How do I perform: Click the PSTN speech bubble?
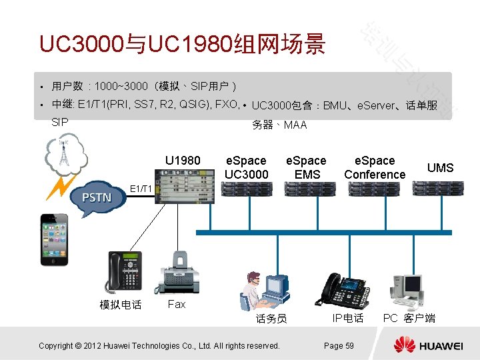(x=97, y=197)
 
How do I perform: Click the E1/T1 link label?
(x=141, y=189)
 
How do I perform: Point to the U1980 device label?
(x=183, y=161)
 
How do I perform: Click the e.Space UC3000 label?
(x=247, y=167)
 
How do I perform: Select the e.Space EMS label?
(x=306, y=167)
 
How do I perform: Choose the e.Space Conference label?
(x=375, y=167)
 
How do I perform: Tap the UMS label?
(x=440, y=167)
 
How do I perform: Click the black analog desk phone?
(x=124, y=273)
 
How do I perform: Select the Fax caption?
(x=177, y=304)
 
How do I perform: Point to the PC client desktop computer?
(x=408, y=290)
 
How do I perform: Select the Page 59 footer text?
(x=339, y=345)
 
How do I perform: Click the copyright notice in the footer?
(x=159, y=345)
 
